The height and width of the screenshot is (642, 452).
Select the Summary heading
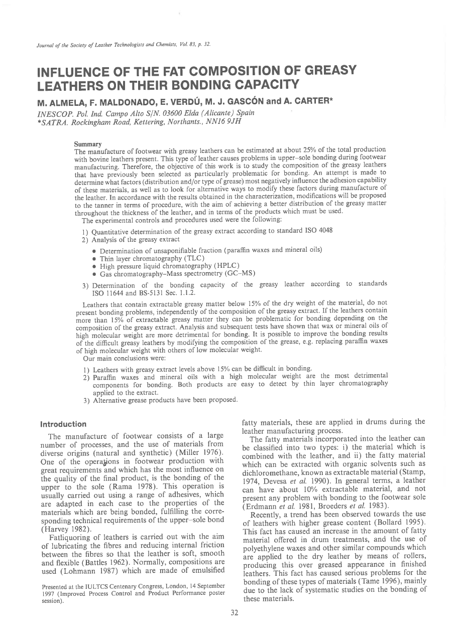point(87,144)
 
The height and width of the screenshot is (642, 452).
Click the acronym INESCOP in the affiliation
point(53,112)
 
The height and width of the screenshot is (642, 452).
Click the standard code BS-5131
point(146,293)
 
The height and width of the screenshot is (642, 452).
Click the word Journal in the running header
point(46,45)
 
